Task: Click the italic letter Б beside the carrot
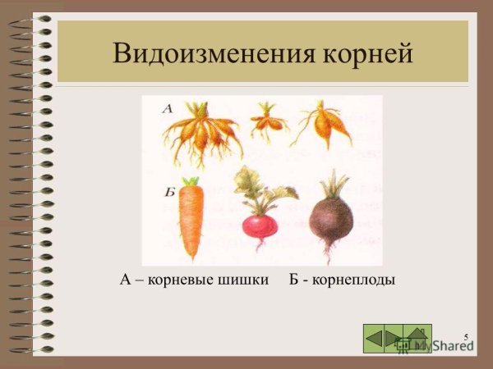click(x=169, y=193)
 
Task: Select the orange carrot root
click(x=191, y=220)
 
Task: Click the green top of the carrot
click(x=191, y=181)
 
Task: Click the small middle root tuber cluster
click(x=268, y=121)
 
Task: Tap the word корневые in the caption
click(x=179, y=280)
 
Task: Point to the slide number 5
click(x=465, y=337)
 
